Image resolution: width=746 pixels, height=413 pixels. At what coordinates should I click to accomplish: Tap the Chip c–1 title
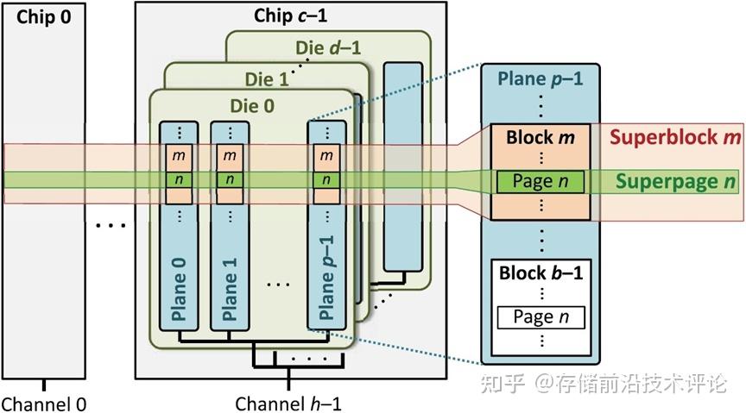[290, 16]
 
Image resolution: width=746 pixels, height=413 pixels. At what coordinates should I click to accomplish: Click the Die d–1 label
[330, 49]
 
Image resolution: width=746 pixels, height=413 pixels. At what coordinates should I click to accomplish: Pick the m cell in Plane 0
[179, 156]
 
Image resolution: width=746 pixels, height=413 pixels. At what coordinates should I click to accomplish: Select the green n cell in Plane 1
[229, 180]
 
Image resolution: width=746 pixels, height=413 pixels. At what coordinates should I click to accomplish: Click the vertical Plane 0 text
[179, 285]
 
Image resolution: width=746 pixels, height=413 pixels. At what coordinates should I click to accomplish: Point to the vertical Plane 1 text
[229, 285]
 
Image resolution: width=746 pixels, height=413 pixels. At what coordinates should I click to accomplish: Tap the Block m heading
[541, 136]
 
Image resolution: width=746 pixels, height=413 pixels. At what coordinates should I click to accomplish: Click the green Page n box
[541, 181]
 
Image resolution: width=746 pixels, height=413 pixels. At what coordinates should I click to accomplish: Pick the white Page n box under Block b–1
[541, 316]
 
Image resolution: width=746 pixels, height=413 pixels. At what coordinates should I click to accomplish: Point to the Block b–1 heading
[541, 273]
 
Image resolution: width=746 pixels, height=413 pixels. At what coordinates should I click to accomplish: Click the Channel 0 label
[44, 403]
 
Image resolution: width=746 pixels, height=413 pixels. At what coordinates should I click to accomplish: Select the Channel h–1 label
[289, 403]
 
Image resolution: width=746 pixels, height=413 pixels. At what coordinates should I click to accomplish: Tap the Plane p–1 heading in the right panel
[541, 78]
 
